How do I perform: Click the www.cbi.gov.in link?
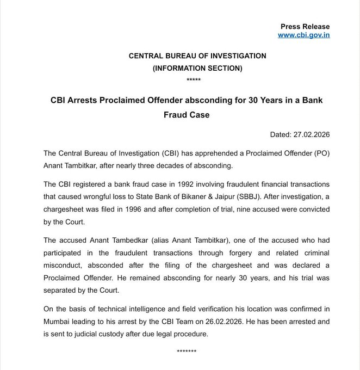(303, 35)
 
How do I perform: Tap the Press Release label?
(305, 27)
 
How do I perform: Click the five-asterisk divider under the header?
(193, 80)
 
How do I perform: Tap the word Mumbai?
(46, 322)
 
